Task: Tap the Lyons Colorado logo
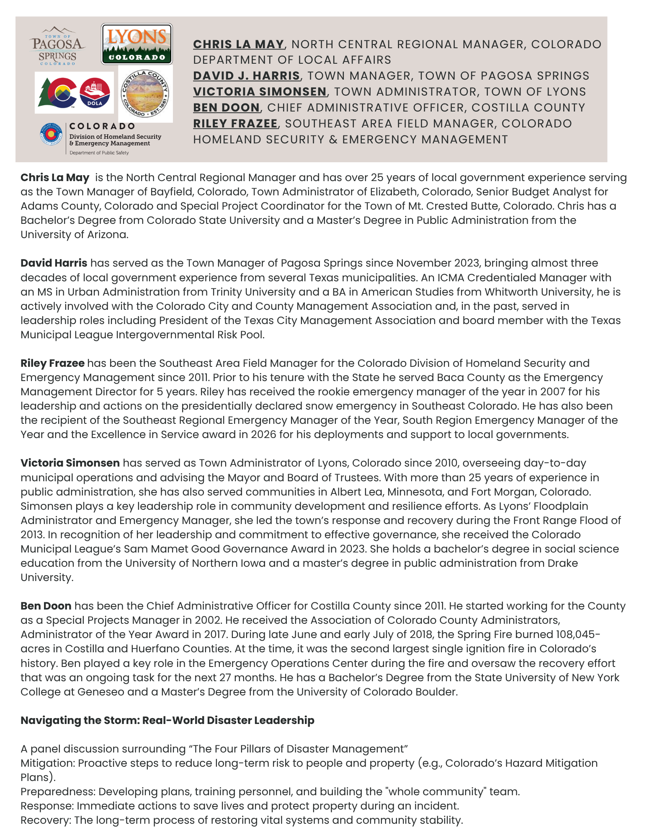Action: (x=137, y=44)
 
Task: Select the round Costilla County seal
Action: (x=145, y=93)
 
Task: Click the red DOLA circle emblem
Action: (x=95, y=93)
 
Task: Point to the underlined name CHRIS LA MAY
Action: (x=238, y=44)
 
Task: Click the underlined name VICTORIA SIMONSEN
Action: (x=260, y=92)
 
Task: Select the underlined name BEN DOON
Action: (x=226, y=108)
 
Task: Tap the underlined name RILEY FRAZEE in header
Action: (x=235, y=124)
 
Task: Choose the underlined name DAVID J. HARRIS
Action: (x=246, y=76)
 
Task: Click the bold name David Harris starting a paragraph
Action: (x=54, y=263)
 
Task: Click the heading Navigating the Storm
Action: (x=167, y=720)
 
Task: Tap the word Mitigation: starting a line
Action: (x=48, y=763)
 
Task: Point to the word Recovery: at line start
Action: (x=46, y=820)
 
